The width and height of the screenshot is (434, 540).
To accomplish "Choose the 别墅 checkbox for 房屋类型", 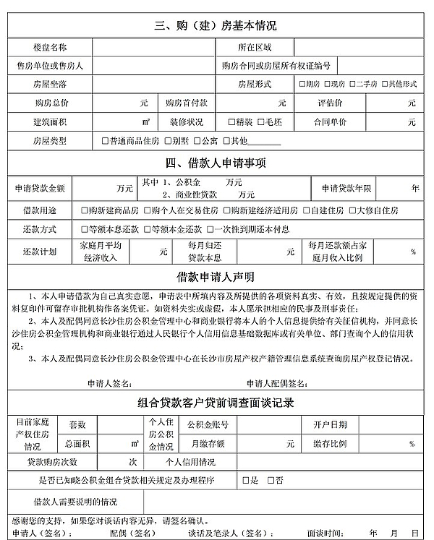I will click(x=167, y=141).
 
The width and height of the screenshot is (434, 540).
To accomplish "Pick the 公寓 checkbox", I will click(x=197, y=141).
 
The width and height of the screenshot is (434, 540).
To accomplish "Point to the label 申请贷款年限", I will click(x=346, y=188).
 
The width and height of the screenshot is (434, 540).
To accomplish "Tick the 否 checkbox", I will click(x=271, y=480).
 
